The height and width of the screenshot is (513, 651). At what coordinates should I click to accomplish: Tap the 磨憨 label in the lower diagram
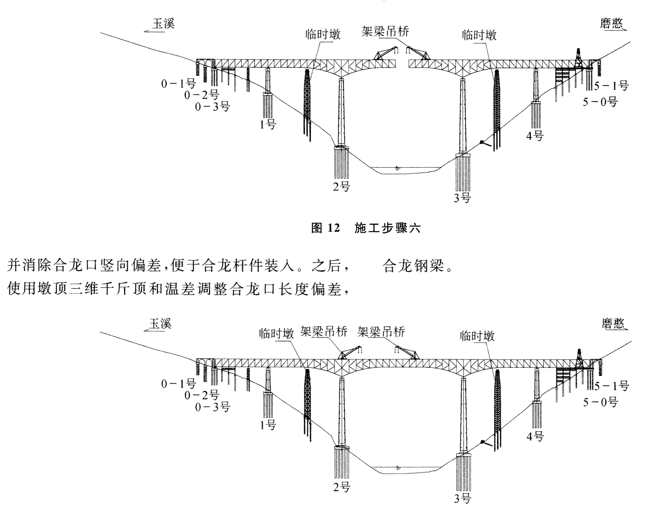point(613,324)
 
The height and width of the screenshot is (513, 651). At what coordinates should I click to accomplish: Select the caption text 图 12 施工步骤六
point(366,228)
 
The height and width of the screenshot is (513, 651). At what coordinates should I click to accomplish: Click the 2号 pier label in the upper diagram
point(341,187)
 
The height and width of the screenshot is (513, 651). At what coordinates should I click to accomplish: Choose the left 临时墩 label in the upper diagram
point(323,35)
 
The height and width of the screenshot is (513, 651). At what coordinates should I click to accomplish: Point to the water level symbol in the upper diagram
point(397,168)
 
